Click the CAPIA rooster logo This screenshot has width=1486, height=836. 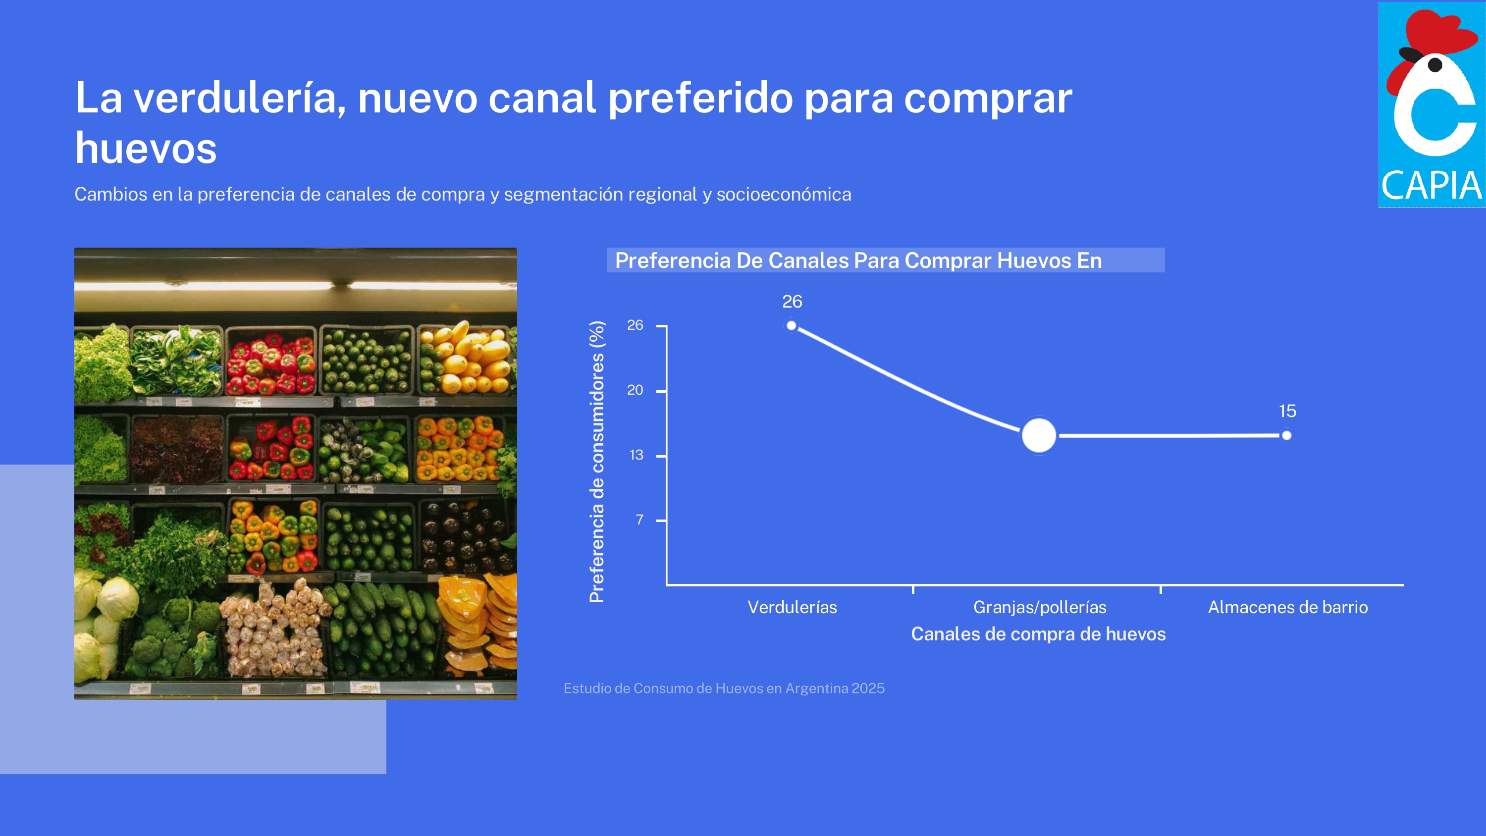[1432, 104]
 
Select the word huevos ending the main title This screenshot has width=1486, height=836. [146, 148]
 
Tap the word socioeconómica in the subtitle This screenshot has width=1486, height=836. [784, 195]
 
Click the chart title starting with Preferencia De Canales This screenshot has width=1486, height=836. [858, 260]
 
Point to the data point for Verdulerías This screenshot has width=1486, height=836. [792, 326]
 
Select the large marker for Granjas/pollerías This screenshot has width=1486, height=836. [1039, 436]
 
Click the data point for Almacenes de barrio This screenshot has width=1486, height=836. [1286, 436]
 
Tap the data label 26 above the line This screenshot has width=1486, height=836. [792, 301]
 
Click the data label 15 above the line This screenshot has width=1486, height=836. [1287, 411]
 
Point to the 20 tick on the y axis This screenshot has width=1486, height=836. [635, 390]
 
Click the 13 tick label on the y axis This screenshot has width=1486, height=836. [637, 455]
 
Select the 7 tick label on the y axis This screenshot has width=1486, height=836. [639, 520]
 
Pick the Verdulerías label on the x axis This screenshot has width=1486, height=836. [792, 607]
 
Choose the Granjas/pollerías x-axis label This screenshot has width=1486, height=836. [1040, 608]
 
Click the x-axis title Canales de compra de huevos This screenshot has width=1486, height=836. [1038, 634]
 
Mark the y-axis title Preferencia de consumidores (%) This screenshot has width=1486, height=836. [597, 462]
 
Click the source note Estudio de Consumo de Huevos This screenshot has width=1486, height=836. [724, 688]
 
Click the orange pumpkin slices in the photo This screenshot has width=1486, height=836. [478, 624]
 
